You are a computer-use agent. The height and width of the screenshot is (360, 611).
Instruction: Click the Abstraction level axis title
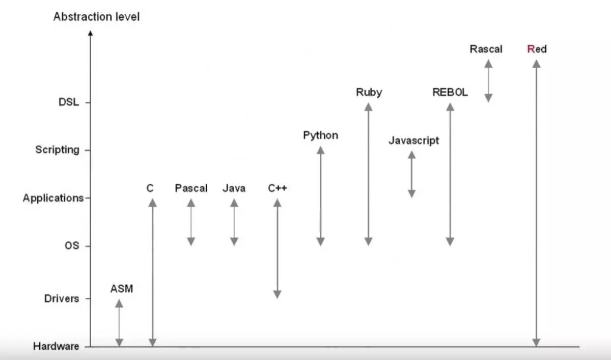96,17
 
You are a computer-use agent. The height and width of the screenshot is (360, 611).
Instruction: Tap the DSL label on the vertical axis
68,102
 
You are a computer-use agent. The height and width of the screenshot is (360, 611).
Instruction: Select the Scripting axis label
57,150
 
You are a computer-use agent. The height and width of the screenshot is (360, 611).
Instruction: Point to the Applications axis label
52,198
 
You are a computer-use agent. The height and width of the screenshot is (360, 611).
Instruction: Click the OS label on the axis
72,246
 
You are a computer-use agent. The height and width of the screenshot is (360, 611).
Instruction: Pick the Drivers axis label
62,298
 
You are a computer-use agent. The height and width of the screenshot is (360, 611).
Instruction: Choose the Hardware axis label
56,347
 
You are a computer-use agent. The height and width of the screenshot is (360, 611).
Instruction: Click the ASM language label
121,289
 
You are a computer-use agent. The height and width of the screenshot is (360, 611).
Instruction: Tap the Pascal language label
191,188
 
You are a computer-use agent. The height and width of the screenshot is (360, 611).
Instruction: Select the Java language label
234,188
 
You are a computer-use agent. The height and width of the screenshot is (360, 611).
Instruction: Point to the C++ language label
277,188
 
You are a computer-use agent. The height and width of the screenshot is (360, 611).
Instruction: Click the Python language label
320,135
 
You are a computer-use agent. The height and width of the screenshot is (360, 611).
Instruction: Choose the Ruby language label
369,92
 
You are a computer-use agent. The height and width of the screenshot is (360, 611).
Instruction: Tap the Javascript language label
413,141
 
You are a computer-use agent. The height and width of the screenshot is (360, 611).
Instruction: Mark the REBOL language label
450,93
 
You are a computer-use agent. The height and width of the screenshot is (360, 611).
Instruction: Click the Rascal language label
486,49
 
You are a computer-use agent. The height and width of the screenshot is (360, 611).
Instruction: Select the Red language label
537,49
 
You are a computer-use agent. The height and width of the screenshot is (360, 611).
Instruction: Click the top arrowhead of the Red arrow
536,63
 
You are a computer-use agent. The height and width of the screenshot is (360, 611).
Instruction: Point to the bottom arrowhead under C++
277,294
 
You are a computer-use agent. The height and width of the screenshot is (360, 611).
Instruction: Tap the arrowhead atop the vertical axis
90,33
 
